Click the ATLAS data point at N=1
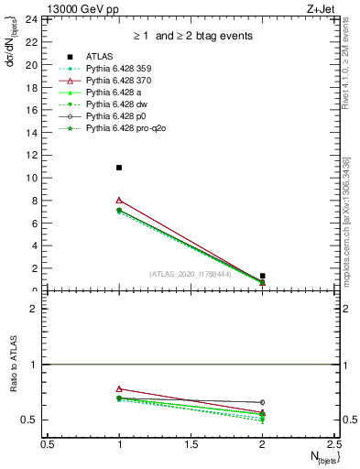pos(119,168)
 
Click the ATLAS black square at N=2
pos(263,276)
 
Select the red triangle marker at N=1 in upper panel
pos(119,200)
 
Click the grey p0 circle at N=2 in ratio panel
pos(263,402)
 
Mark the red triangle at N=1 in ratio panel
pos(119,388)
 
